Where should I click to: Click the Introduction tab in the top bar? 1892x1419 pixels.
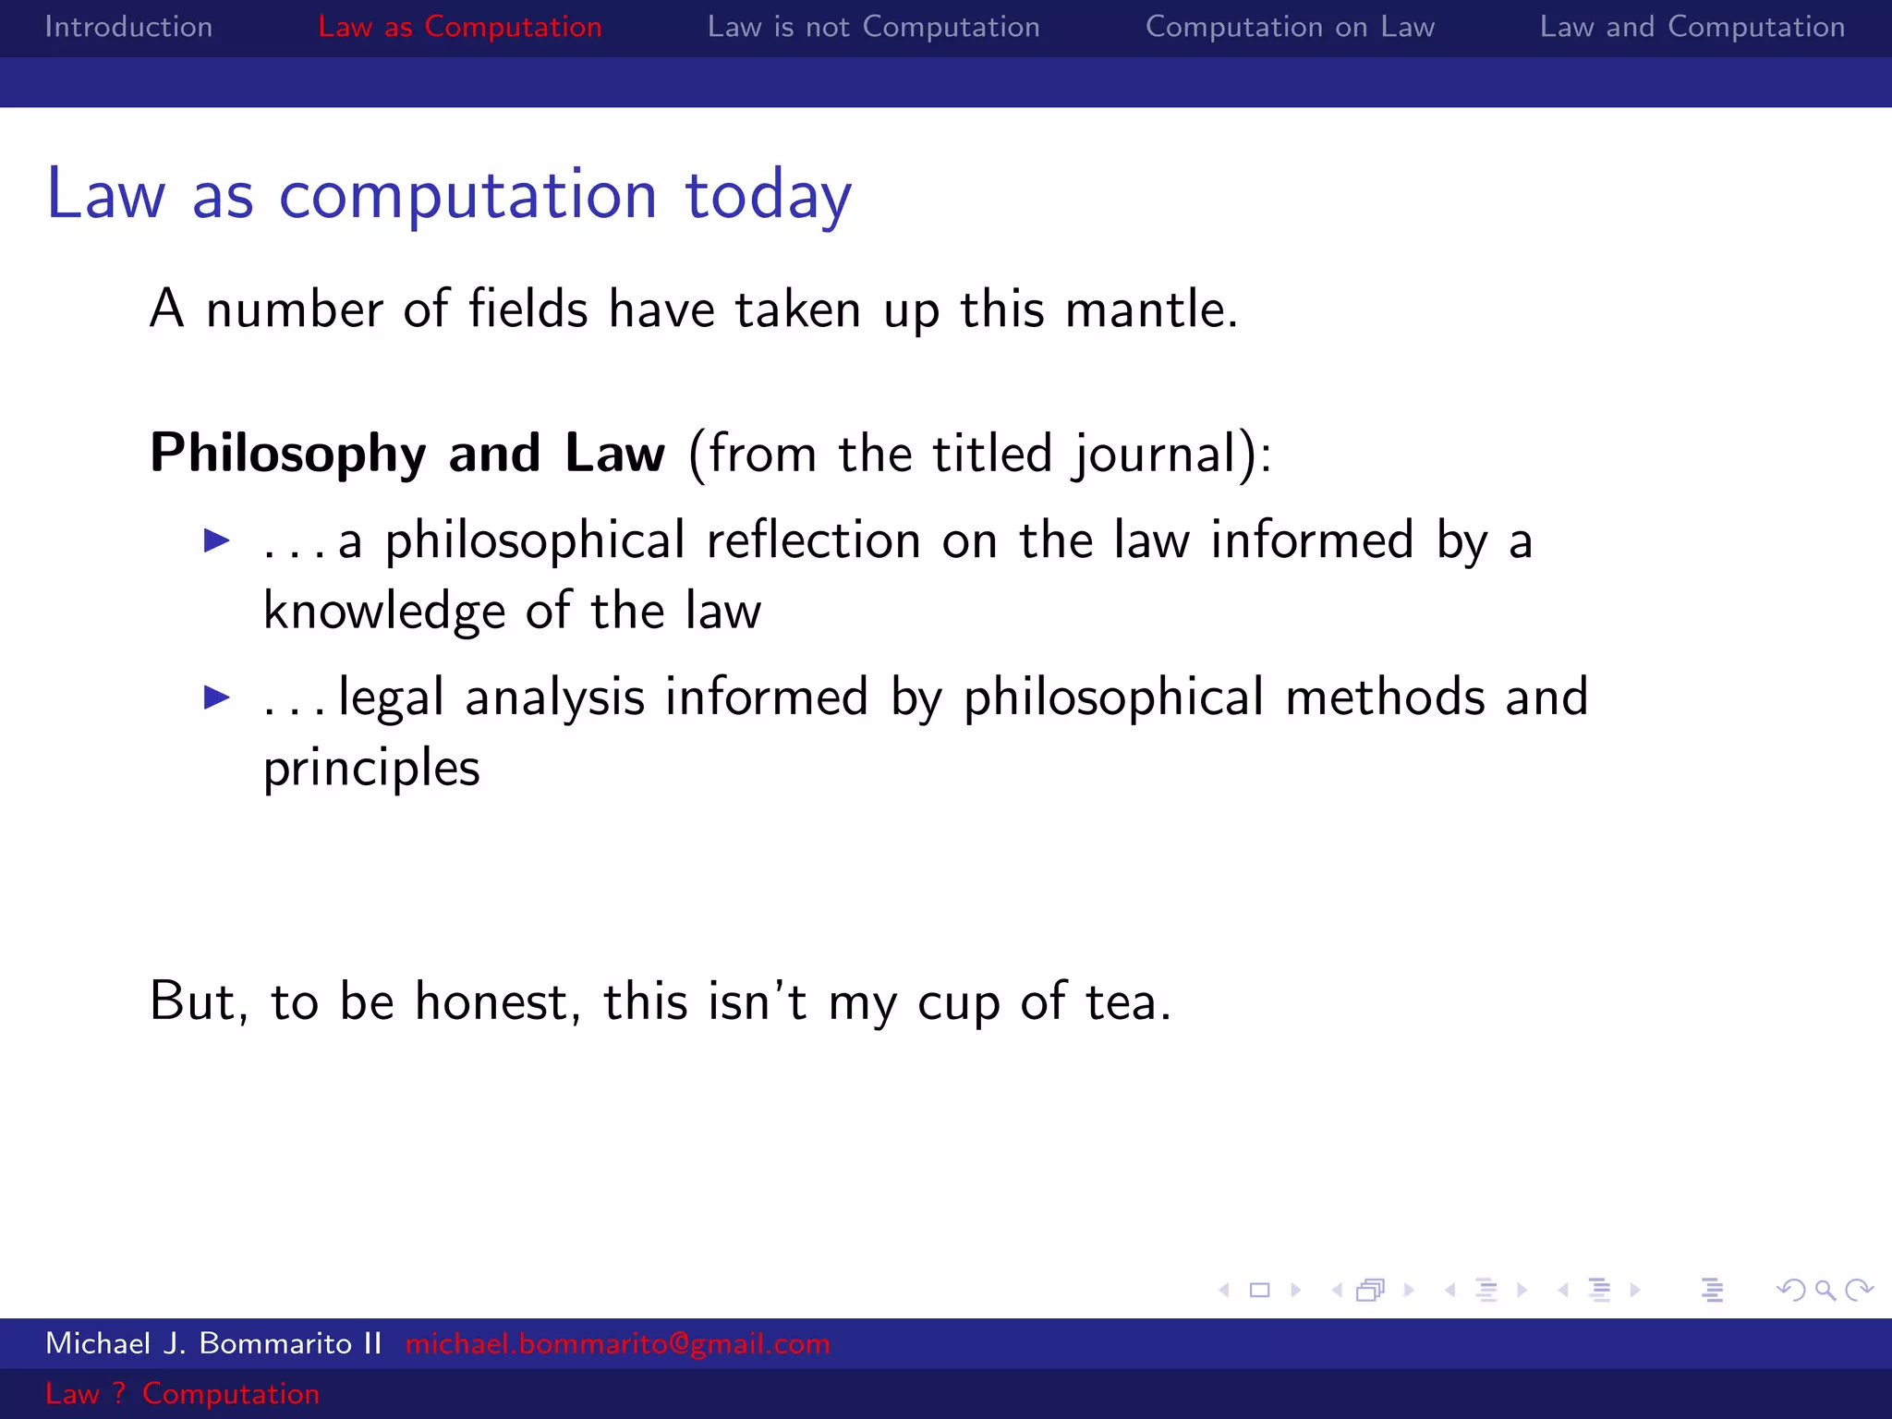(x=128, y=27)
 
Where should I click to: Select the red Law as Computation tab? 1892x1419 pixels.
(x=459, y=27)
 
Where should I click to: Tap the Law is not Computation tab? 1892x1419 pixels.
(x=873, y=27)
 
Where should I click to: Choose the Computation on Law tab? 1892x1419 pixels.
(x=1290, y=27)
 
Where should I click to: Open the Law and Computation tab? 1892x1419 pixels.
(x=1692, y=27)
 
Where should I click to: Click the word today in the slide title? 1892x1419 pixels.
(x=768, y=195)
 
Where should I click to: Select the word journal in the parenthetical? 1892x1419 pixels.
(x=1155, y=455)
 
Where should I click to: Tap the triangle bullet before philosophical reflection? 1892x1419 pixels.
(x=217, y=540)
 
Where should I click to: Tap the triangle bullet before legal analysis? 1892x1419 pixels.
(x=217, y=697)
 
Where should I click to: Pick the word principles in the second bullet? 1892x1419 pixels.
(x=371, y=769)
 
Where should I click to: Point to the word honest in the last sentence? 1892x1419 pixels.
(x=497, y=1001)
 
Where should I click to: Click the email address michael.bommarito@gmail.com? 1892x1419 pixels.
(x=617, y=1343)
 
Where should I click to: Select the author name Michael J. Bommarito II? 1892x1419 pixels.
(x=213, y=1343)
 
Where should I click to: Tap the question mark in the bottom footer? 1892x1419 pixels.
(x=119, y=1393)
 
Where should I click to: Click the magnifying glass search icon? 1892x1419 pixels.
(x=1825, y=1290)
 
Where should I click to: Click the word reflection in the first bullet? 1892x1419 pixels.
(x=813, y=540)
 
